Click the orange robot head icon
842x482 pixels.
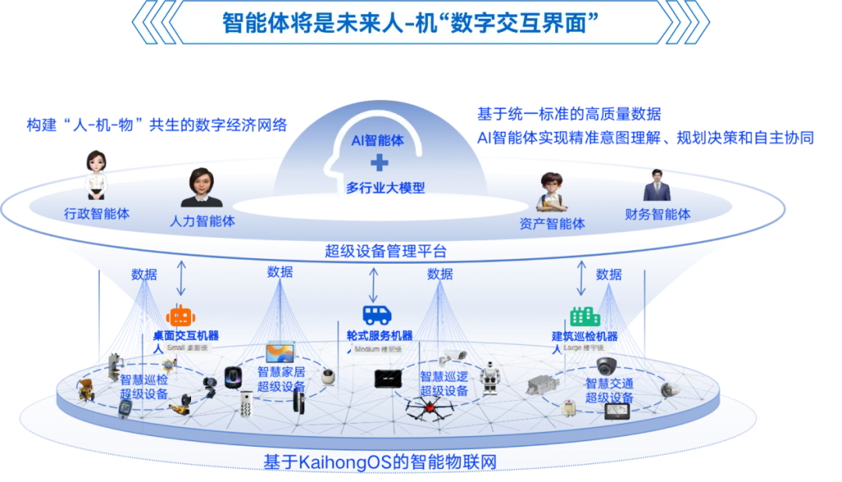click(180, 316)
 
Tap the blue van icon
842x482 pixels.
click(377, 315)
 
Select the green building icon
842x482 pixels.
click(585, 317)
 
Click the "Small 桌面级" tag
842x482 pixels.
click(188, 346)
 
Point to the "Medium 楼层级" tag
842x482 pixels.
click(377, 350)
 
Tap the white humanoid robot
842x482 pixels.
click(490, 377)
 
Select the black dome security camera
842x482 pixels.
click(606, 365)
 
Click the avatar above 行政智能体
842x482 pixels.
click(96, 175)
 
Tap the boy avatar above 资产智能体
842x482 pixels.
click(553, 192)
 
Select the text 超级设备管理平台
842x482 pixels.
click(386, 251)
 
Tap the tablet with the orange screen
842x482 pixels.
click(280, 353)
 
